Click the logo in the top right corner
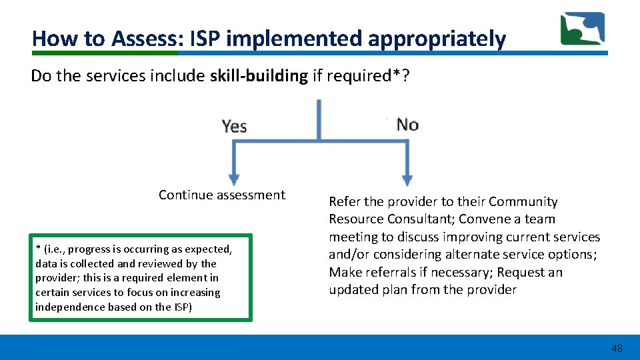pos(582,29)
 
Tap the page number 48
pos(617,349)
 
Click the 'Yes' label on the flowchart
pos(234,125)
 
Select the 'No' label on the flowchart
pos(407,125)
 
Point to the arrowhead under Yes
pos(233,179)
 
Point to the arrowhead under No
pos(406,179)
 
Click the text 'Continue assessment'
pos(221,195)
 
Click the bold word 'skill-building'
pos(259,76)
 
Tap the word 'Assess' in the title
pos(142,39)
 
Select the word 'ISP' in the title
pos(206,39)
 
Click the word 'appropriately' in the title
pos(437,39)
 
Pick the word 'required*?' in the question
pos(379,76)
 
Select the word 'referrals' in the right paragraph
pos(395,272)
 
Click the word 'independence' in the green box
pos(69,307)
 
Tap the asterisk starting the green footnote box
pos(38,249)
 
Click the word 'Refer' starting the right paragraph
pos(345,201)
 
